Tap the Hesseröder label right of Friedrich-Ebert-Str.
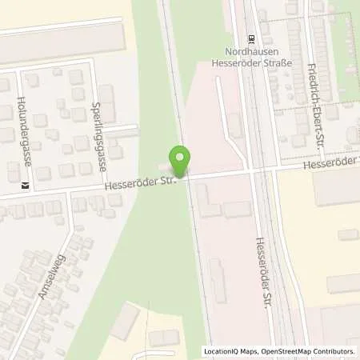coord(331,166)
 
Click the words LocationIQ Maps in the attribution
coord(230,351)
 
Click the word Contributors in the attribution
coord(334,351)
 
